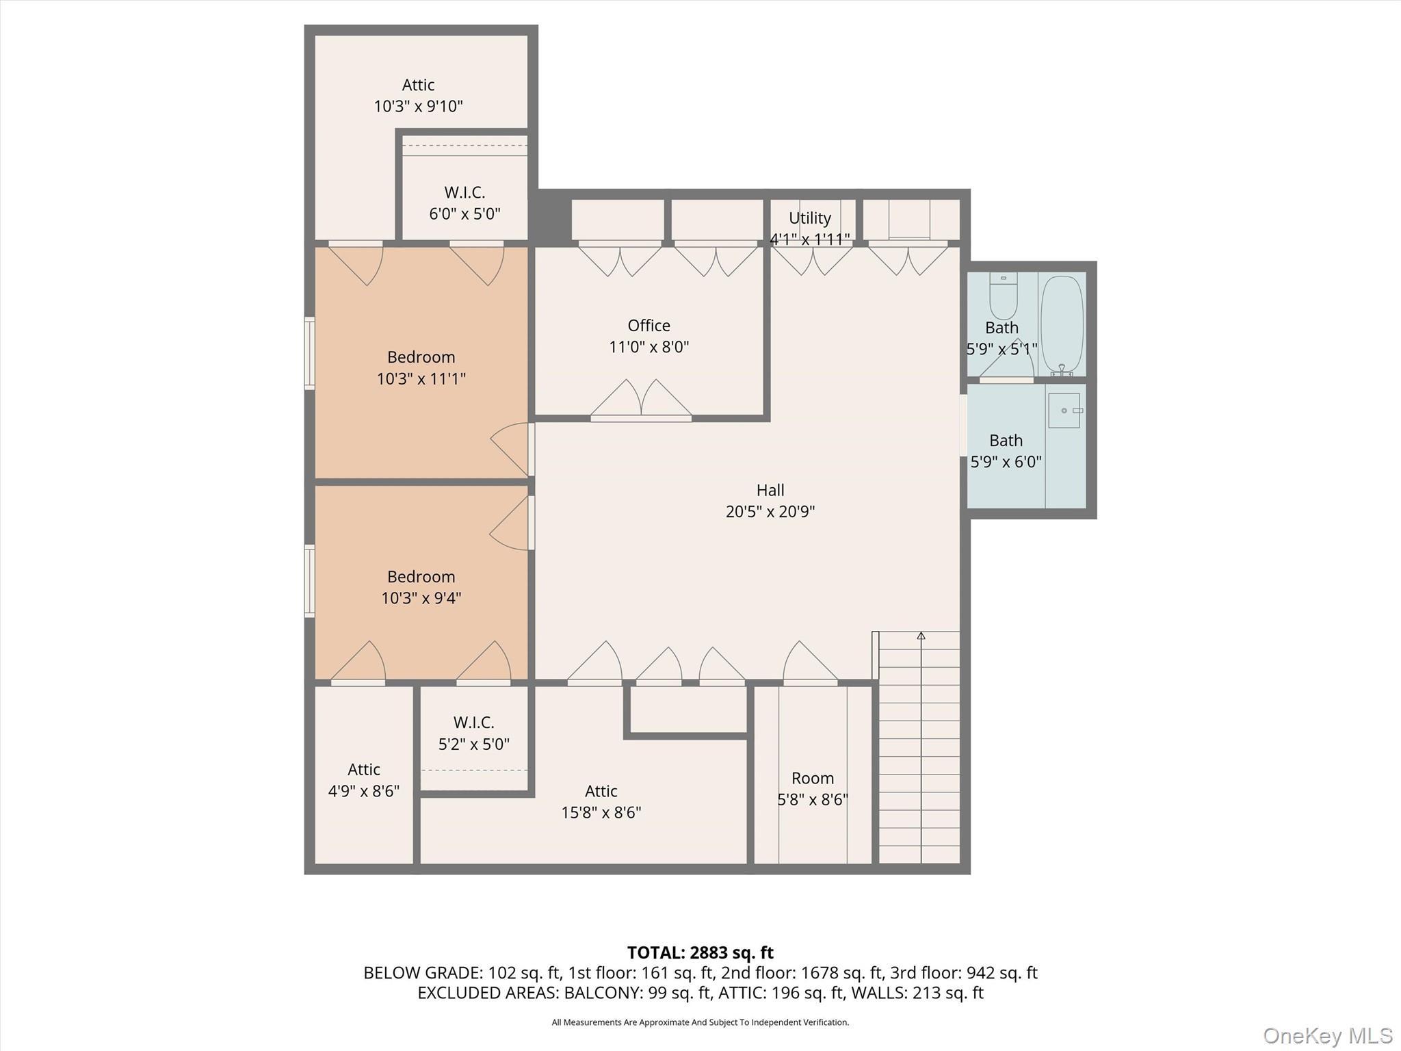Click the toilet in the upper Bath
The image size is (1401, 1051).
coord(1004,296)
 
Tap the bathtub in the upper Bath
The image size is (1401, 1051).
coord(1062,325)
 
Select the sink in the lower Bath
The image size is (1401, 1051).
coord(1064,411)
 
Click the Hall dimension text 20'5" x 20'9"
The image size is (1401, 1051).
coord(770,512)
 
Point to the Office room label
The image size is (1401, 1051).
coord(649,326)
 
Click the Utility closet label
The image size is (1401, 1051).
coord(810,218)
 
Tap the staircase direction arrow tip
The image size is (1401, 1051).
coord(921,636)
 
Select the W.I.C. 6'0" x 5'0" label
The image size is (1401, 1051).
coord(464,203)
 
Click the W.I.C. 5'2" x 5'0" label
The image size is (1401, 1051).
coord(473,733)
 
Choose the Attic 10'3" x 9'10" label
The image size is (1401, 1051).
coord(418,96)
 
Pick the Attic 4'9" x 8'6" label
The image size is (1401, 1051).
coord(363,780)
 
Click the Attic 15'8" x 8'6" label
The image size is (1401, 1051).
coord(601,801)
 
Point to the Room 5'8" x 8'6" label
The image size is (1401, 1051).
coord(813,788)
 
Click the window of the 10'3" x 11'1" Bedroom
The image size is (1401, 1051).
coord(310,354)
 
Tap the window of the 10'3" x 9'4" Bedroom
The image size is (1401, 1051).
coord(310,581)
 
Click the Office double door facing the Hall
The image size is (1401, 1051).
coord(641,400)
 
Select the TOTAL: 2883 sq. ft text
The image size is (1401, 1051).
coord(700,952)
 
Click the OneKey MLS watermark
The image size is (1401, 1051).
coord(1327,1035)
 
